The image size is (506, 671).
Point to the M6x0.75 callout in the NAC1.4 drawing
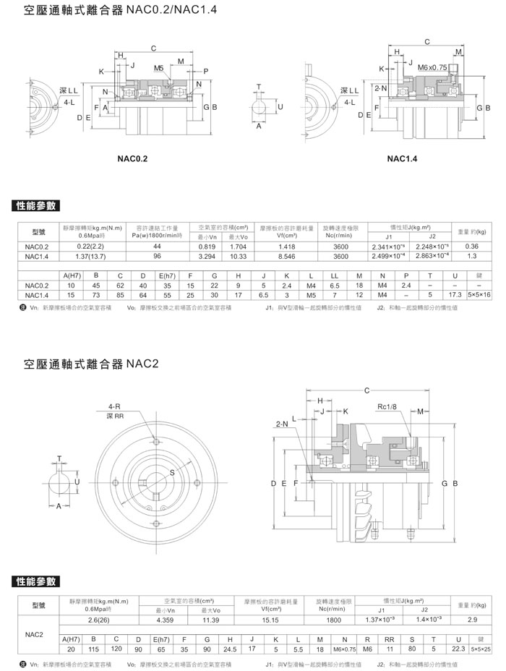tap(432, 68)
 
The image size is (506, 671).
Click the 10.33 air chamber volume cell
tap(239, 256)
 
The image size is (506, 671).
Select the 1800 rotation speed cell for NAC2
tap(333, 620)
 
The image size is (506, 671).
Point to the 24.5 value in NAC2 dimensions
tap(230, 649)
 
